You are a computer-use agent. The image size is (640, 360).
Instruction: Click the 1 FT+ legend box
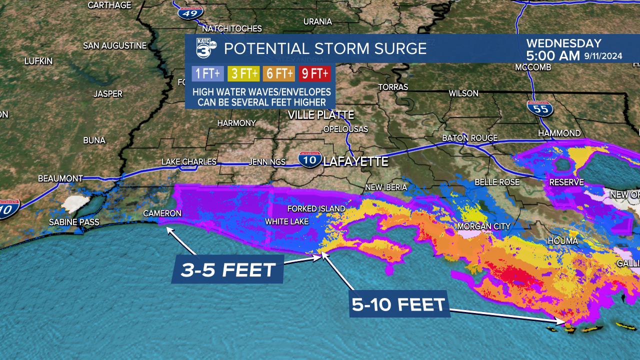coord(207,74)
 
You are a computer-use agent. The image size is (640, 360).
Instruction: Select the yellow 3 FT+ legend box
coord(243,74)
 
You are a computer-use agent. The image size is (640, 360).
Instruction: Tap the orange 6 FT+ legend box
coord(278,74)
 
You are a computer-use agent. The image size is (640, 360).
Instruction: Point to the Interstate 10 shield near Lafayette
coord(310,159)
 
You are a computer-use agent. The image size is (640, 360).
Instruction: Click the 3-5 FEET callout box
coord(228,270)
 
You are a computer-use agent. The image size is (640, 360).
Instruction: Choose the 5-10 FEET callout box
coord(398,304)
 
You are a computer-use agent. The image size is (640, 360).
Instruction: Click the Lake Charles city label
coord(189,162)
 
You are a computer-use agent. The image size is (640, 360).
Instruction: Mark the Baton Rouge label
coord(470,138)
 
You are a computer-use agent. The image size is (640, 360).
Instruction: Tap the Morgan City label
coord(484,226)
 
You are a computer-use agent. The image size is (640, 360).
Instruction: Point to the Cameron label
coord(162,213)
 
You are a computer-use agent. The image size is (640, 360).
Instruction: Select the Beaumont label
coord(60,178)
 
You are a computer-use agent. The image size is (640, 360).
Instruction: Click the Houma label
coord(563,241)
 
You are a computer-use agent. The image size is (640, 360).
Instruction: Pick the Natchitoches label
coord(232,28)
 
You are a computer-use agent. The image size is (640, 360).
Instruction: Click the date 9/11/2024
coord(603,56)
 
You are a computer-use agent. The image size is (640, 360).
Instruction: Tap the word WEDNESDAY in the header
coord(564,43)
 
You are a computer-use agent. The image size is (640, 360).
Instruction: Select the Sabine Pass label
coord(74,222)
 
